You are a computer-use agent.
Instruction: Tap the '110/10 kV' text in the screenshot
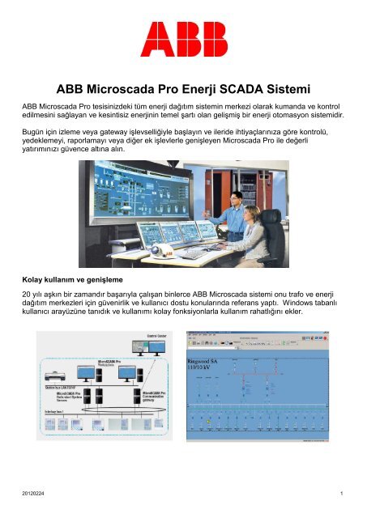203,369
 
